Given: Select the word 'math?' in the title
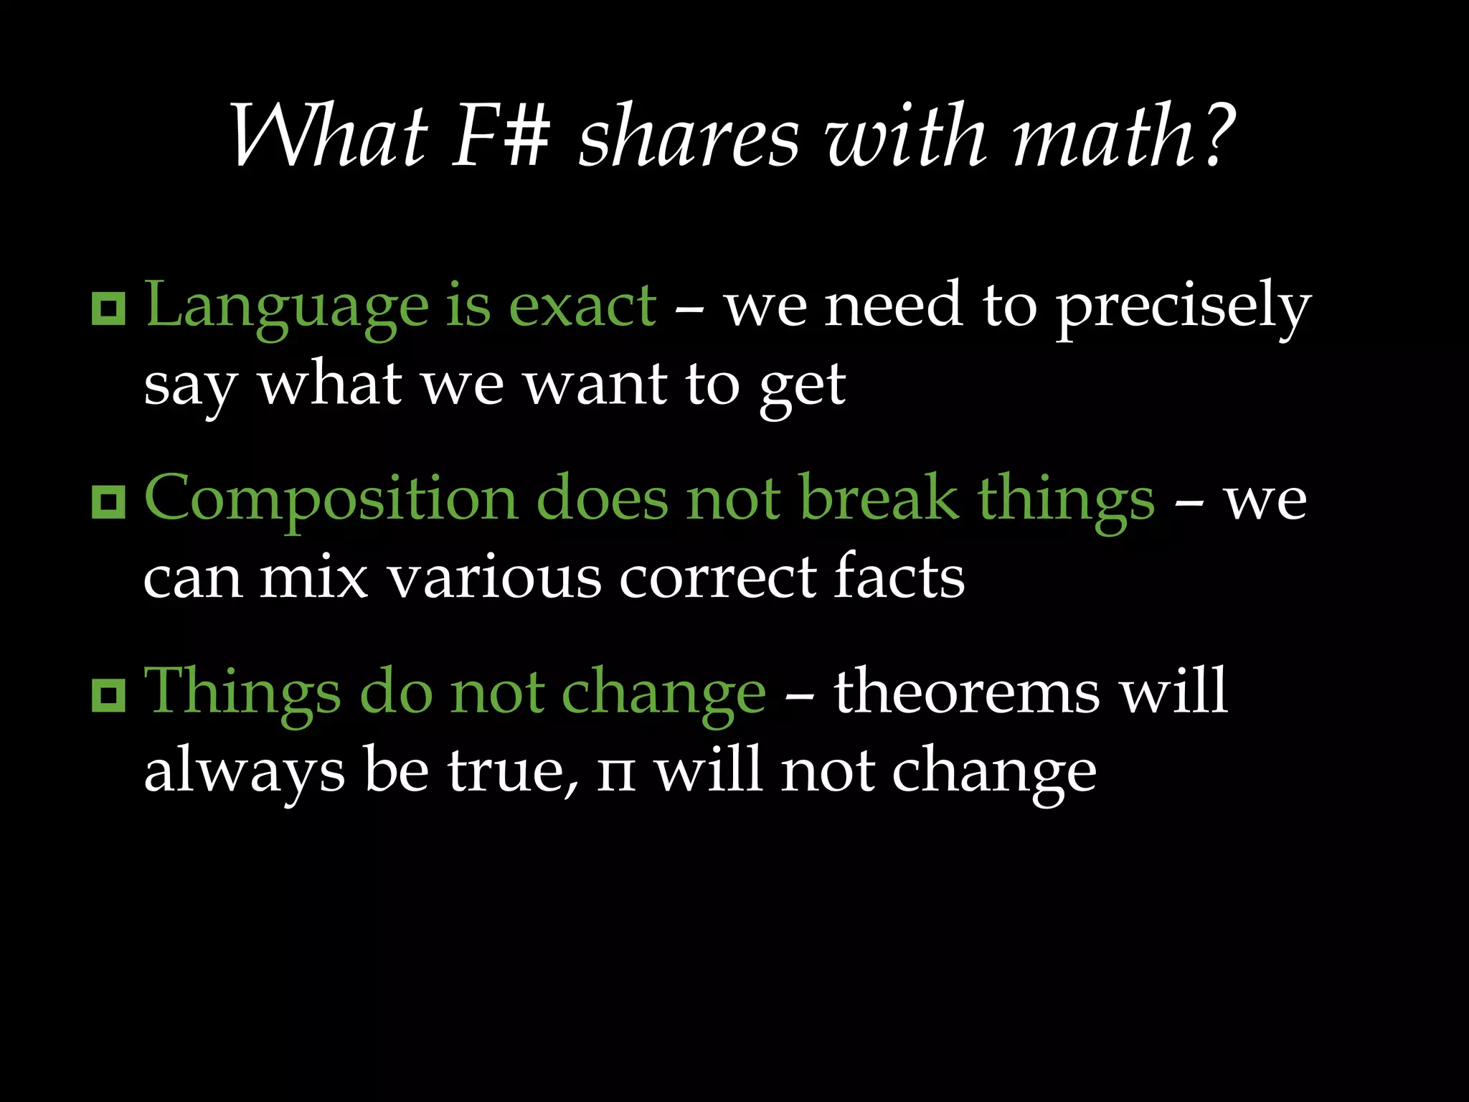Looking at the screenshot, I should pos(1123,136).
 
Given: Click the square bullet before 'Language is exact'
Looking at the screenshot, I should pos(109,309).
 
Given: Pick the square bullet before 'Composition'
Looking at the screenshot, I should pos(109,501).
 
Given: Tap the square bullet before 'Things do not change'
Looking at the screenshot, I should pos(109,694).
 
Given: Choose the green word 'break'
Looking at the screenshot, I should pos(879,499).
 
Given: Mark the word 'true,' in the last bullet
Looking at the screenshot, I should pos(514,772).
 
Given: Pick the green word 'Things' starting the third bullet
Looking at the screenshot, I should pos(242,693).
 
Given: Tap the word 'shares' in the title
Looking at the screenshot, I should pos(689,136).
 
